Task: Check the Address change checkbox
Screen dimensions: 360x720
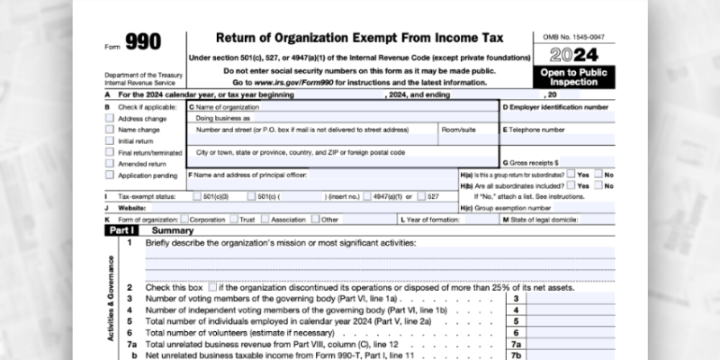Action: tap(110, 118)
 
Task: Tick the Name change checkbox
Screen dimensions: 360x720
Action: tap(110, 130)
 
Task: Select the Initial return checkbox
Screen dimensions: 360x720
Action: tap(110, 141)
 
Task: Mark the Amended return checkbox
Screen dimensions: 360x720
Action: tap(110, 164)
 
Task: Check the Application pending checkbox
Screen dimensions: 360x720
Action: tap(110, 175)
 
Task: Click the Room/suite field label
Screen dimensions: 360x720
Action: tap(457, 130)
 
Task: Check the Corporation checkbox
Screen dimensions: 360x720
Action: tap(184, 219)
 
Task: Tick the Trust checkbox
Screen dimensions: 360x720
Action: tap(234, 219)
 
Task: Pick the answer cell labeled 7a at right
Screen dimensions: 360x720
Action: tap(517, 344)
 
